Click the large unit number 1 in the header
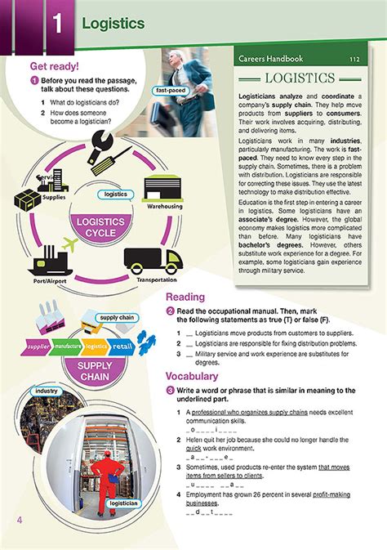[57, 24]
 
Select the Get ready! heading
[54, 66]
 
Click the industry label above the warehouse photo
[47, 391]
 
